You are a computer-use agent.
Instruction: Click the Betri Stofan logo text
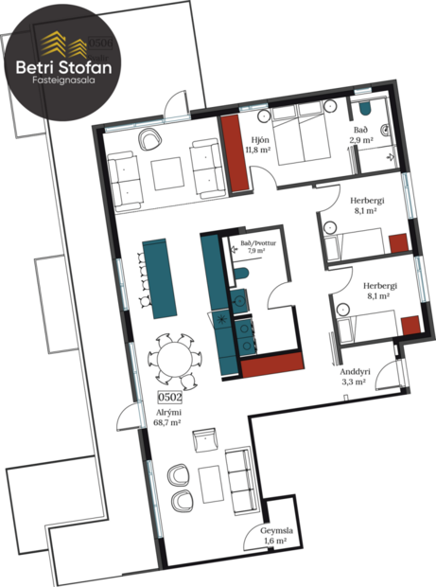[62, 67]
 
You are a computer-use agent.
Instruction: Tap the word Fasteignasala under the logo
[62, 83]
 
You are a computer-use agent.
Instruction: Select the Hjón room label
[254, 137]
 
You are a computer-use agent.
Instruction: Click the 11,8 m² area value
[258, 149]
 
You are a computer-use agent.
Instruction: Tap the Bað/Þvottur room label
[255, 243]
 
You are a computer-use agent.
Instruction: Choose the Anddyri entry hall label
[356, 372]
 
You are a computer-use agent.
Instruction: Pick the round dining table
[175, 360]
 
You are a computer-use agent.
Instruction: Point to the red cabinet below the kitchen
[273, 363]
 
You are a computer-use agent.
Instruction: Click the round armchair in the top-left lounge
[150, 140]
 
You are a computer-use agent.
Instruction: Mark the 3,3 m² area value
[354, 383]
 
